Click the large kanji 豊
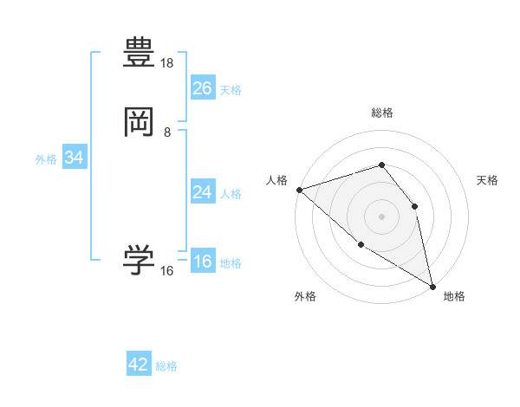tap(139, 54)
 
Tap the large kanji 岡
tap(139, 123)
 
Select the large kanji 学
tap(139, 261)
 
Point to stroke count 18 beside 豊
tap(167, 63)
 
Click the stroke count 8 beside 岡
tap(167, 132)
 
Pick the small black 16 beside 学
tap(167, 271)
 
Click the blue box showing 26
tap(203, 87)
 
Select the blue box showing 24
tap(203, 192)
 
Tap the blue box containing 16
tap(203, 262)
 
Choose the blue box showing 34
tap(74, 158)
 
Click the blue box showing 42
tap(139, 365)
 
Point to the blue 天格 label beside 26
tap(231, 89)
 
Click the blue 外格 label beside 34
tap(46, 159)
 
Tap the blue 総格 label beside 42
tap(166, 366)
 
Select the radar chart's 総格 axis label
tap(381, 113)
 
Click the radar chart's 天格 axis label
tap(488, 180)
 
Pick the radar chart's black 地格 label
tap(454, 296)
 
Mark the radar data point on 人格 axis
tap(299, 189)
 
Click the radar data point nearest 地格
tap(432, 286)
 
